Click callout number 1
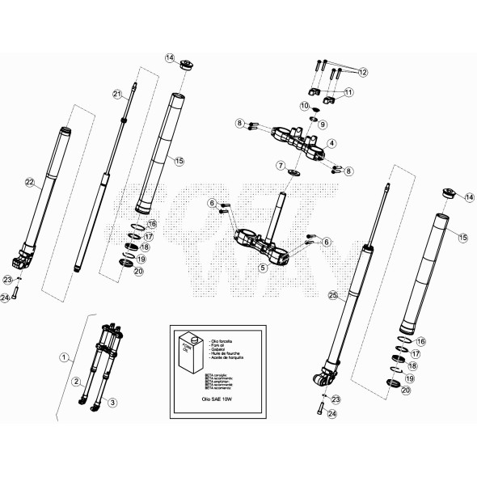[x=64, y=356]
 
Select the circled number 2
[x=77, y=381]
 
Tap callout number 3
[x=112, y=402]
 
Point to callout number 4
[x=331, y=143]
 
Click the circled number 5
[x=262, y=266]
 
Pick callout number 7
[x=281, y=165]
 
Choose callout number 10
[x=305, y=106]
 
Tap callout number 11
[x=349, y=93]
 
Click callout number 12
[x=362, y=72]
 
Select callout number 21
[x=116, y=95]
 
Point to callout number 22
[x=30, y=184]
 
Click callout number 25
[x=332, y=297]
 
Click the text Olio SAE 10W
[x=213, y=399]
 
